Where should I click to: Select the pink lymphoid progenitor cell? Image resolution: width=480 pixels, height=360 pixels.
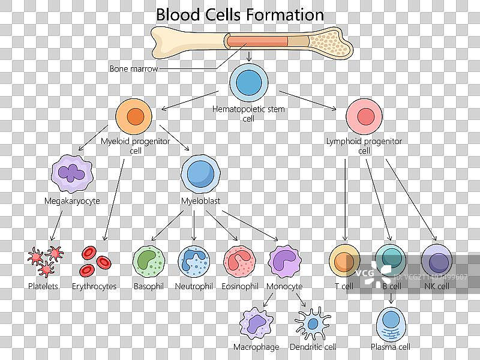[364, 116]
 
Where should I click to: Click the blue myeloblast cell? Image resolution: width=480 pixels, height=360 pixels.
[199, 173]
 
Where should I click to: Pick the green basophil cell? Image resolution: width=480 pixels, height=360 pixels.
[148, 260]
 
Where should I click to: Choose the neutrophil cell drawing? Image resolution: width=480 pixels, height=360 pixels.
[194, 260]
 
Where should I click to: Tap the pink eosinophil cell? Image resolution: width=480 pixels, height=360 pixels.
[239, 260]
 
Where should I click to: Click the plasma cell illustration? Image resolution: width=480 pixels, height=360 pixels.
[391, 324]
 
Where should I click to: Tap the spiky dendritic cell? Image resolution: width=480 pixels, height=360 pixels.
[313, 324]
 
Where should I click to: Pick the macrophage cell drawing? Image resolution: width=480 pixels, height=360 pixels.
[257, 324]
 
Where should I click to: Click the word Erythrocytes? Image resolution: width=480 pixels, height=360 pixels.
[94, 287]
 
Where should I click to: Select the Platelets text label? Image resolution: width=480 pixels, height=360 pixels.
[43, 287]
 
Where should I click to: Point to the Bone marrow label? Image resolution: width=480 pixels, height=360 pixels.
[134, 69]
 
